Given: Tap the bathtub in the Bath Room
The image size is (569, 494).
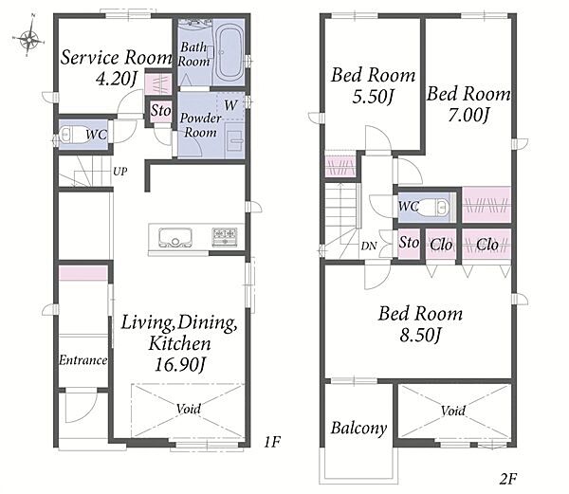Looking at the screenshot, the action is [229, 51].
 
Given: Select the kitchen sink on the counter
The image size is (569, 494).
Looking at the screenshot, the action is [174, 238].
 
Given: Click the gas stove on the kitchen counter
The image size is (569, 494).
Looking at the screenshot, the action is [225, 238].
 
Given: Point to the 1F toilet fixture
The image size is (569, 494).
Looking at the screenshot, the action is [71, 135].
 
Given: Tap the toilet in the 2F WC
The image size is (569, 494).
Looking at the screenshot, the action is [437, 208].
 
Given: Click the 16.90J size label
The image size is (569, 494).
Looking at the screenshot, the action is [180, 364].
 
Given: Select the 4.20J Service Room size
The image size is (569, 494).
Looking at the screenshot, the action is [117, 78].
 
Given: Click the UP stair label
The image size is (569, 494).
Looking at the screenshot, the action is [120, 171].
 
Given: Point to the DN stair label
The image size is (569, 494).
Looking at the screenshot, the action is [369, 246].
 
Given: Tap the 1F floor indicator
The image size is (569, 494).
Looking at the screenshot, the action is [272, 442].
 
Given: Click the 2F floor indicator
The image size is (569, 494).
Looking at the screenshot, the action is [507, 479].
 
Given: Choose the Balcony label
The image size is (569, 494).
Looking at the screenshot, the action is [358, 428].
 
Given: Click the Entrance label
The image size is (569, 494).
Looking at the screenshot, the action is [83, 359].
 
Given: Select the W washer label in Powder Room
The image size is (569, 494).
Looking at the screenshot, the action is [230, 105].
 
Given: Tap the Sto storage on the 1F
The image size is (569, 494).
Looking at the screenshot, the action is [161, 110].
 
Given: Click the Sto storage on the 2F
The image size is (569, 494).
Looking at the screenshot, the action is [409, 243].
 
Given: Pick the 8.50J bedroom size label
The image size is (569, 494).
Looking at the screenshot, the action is [420, 335].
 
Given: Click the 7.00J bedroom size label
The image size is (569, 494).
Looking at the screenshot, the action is [468, 115].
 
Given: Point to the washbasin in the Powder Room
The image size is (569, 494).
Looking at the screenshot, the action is [234, 140].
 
